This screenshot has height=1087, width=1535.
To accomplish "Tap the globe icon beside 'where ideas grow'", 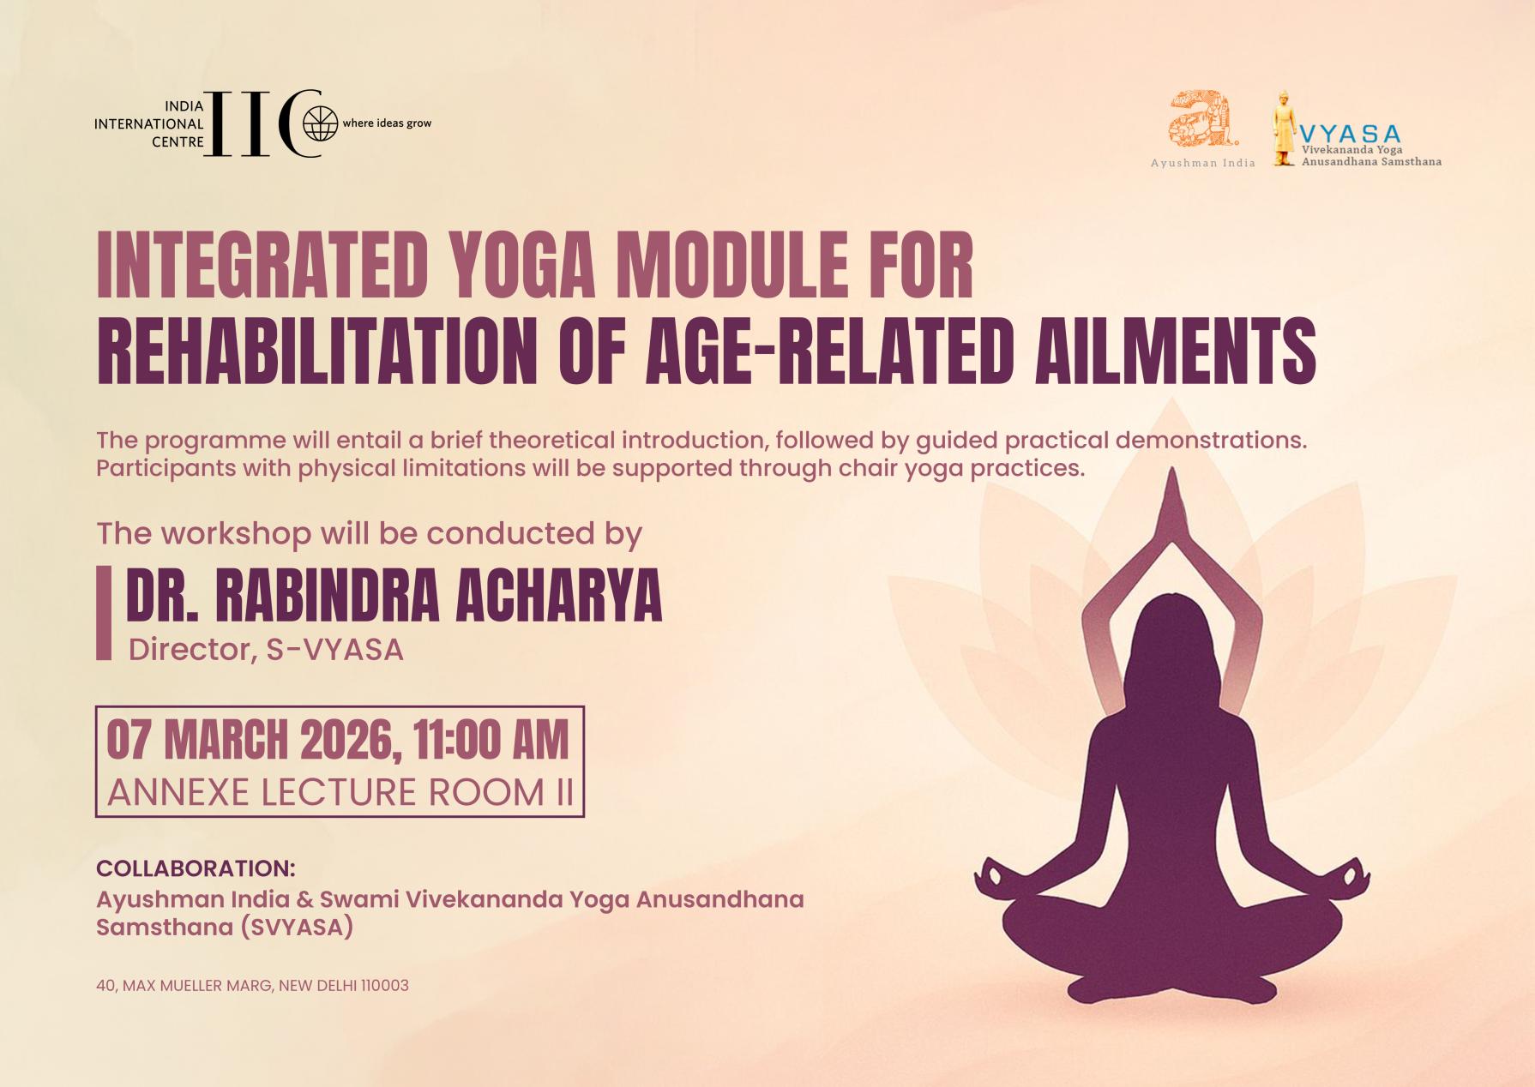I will click(x=321, y=124).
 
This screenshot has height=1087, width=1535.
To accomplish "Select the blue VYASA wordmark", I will click(x=1350, y=134).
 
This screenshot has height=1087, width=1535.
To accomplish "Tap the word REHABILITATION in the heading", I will click(x=316, y=351).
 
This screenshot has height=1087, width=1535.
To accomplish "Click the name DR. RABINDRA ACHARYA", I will click(x=394, y=596).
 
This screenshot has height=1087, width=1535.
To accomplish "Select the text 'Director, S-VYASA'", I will click(x=266, y=650).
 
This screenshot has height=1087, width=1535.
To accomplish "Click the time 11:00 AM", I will click(x=491, y=740).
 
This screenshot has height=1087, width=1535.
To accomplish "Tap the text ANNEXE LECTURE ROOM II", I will click(x=340, y=792).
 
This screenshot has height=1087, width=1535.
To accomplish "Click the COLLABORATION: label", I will click(x=196, y=868).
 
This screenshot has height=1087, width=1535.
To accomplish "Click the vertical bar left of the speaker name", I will click(x=104, y=612).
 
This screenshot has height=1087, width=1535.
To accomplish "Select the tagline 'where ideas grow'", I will click(x=387, y=123).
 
